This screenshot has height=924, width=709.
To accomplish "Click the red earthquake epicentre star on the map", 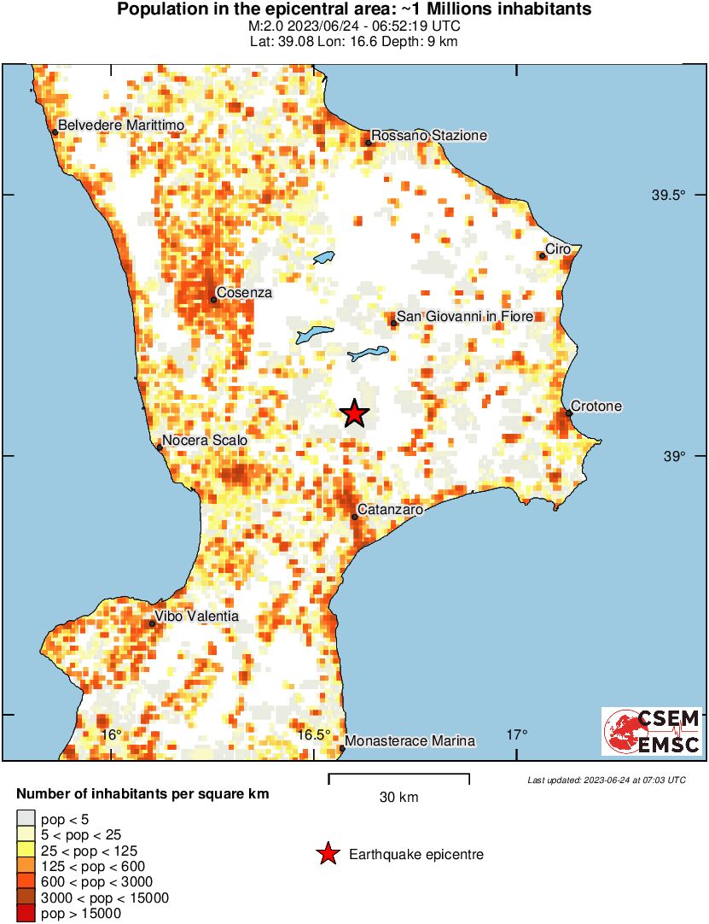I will (354, 413).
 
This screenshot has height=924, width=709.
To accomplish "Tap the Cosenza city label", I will (244, 293).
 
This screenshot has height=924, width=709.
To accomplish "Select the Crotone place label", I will (596, 406).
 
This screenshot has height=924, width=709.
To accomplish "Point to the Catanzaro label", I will (390, 510).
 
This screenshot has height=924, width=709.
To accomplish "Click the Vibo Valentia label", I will (196, 617).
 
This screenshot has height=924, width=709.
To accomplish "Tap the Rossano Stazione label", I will (429, 136).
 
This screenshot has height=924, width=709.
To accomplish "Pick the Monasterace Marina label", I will (410, 741).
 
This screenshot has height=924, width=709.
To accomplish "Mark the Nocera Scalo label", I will (204, 441).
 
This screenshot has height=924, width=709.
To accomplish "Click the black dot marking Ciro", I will (543, 255).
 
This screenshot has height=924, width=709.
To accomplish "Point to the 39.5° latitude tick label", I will (669, 196).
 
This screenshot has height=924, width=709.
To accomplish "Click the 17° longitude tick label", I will (516, 735).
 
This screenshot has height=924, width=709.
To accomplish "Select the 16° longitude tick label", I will (112, 735).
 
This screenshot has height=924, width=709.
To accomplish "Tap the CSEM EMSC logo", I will (652, 731).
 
